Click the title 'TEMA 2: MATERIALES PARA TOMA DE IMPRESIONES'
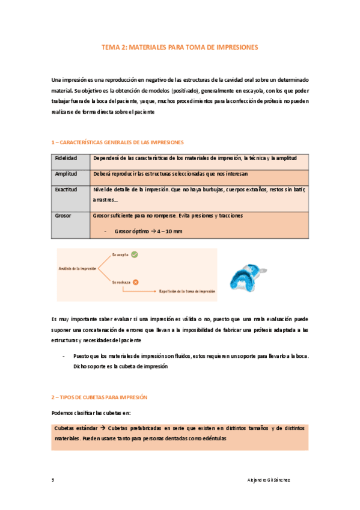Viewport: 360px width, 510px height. pos(180,46)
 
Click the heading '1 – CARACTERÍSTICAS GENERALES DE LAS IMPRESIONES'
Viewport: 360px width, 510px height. pos(118,143)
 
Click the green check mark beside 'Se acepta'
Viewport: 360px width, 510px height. pos(135,254)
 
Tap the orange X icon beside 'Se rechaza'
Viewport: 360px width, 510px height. pos(136,281)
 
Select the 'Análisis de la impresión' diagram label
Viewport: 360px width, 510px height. pos(78,268)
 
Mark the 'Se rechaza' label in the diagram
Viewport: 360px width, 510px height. pos(121,281)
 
